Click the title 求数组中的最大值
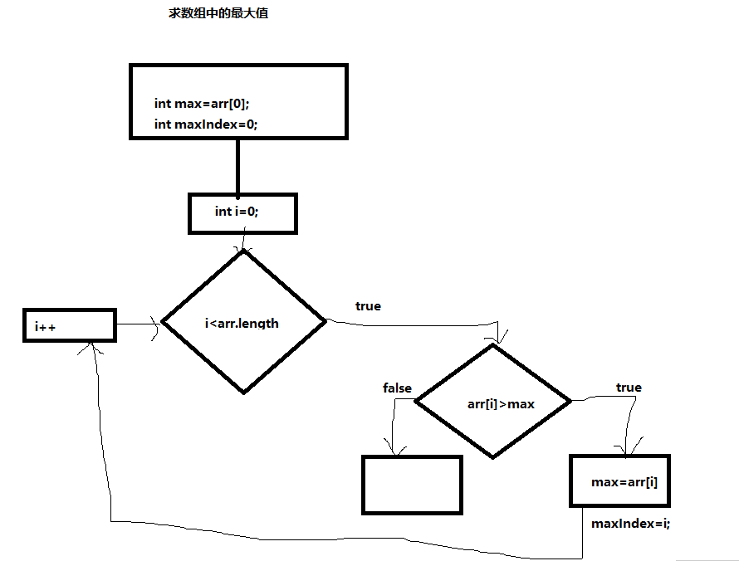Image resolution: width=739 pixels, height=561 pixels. [x=218, y=14]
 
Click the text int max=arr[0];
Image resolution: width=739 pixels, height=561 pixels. [x=202, y=104]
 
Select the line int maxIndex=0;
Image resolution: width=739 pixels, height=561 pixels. [x=206, y=124]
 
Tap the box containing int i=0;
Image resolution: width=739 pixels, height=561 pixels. [x=242, y=213]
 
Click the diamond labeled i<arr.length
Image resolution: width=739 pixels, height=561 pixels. [x=243, y=322]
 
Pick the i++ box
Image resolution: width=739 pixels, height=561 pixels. [x=69, y=325]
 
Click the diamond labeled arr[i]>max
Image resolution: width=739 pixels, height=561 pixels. [x=493, y=402]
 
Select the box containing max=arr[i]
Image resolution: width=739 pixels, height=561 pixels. [x=619, y=481]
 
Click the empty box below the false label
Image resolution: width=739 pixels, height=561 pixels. [x=412, y=485]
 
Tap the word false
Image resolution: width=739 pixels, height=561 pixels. [x=397, y=388]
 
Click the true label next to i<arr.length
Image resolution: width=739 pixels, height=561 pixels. [x=368, y=306]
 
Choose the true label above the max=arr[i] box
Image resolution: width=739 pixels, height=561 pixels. [x=629, y=388]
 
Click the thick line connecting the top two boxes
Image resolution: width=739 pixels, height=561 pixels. [x=237, y=165]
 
